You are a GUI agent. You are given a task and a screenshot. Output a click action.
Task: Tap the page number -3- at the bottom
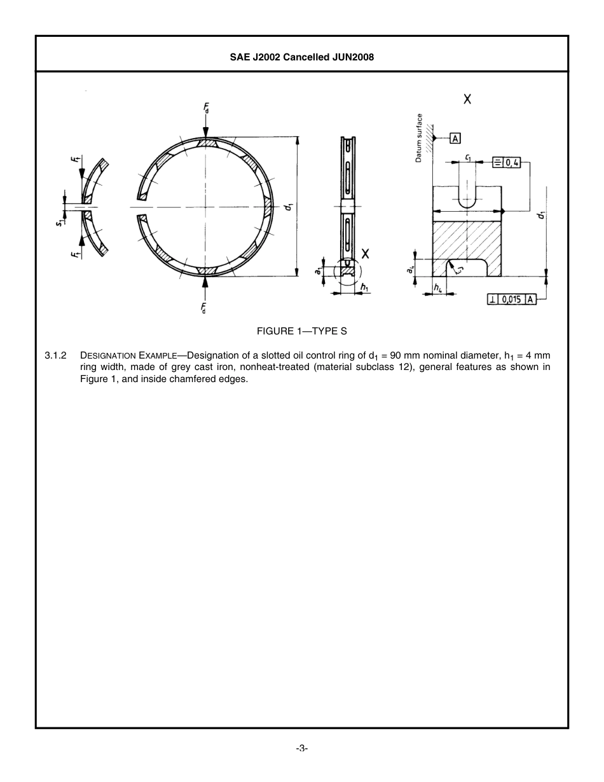302,748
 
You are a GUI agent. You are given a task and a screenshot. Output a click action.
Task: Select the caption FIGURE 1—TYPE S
301,331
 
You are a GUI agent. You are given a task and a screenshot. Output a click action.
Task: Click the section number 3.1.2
56,355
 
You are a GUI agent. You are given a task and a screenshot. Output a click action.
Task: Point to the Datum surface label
419,138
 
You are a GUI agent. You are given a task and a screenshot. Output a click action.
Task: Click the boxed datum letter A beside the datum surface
456,138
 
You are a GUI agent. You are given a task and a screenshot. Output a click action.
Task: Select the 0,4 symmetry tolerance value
512,163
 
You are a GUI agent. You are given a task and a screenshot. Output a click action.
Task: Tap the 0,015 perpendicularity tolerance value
512,299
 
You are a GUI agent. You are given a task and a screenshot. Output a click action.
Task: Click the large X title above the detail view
467,99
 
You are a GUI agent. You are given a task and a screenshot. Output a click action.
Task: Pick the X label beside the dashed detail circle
366,254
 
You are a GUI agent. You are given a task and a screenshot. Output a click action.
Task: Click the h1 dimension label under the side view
364,287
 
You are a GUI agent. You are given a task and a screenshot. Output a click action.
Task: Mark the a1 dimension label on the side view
318,271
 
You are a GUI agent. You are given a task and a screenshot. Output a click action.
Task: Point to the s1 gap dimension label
59,222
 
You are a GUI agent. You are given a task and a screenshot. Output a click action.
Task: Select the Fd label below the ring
204,308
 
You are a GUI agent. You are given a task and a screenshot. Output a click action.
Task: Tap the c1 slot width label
467,156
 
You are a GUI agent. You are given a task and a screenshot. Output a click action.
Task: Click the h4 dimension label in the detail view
438,288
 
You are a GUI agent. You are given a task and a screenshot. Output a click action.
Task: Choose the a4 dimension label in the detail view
411,270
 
